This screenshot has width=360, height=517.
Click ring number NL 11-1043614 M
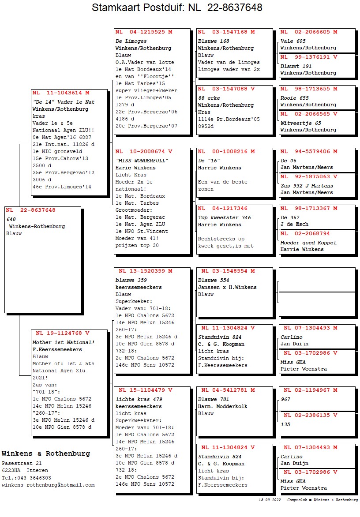pyautogui.click(x=60, y=93)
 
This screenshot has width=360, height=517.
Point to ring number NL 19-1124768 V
pyautogui.click(x=63, y=333)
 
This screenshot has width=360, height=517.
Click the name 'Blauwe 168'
pyautogui.click(x=214, y=41)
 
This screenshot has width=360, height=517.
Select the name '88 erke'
pyautogui.click(x=209, y=98)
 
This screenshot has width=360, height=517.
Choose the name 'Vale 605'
pyautogui.click(x=293, y=41)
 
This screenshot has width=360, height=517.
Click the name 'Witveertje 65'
pyautogui.click(x=300, y=123)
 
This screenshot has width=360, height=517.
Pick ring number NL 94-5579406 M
pyautogui.click(x=309, y=151)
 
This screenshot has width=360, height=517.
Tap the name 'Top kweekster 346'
pyautogui.click(x=225, y=217)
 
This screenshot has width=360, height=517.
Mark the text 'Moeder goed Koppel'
pyautogui.click(x=308, y=243)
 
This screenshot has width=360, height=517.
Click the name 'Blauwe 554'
pyautogui.click(x=214, y=280)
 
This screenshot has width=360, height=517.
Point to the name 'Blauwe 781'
pyautogui.click(x=214, y=399)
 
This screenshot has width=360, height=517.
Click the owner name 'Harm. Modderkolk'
pyautogui.click(x=223, y=406)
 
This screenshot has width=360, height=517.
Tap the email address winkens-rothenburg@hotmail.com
pyautogui.click(x=48, y=485)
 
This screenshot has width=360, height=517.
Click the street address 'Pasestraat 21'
pyautogui.click(x=22, y=464)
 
